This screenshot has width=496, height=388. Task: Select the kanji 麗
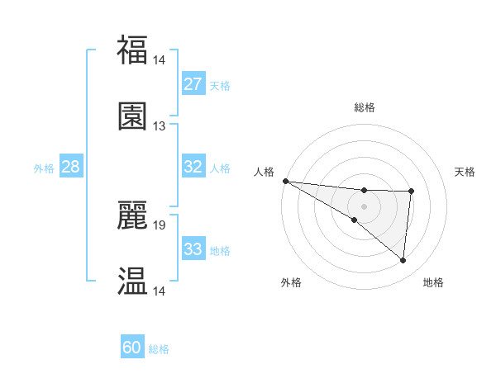coord(132,214)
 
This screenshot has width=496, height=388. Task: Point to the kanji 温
coord(132,281)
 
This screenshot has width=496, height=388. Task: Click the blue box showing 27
coord(193,84)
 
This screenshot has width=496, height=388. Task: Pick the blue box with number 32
coord(193,167)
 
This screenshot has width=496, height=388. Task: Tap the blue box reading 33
coord(193,248)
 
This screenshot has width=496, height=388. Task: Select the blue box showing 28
coord(71,167)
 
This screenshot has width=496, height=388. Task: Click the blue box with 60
coord(132,348)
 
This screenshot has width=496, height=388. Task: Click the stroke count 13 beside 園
coord(159,126)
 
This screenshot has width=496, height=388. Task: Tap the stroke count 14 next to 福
coord(159,59)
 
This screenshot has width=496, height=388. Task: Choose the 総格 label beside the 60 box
coord(159,349)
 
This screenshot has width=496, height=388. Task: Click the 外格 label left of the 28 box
coord(44,168)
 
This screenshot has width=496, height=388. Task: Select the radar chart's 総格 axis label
coord(365,107)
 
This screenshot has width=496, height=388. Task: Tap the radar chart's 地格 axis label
coord(433,283)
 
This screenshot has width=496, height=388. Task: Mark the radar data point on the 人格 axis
coord(285,181)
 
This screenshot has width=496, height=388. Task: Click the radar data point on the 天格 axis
coord(411,192)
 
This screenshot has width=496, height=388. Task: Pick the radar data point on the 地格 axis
coord(403,261)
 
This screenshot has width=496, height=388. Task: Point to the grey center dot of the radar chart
coord(365,206)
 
